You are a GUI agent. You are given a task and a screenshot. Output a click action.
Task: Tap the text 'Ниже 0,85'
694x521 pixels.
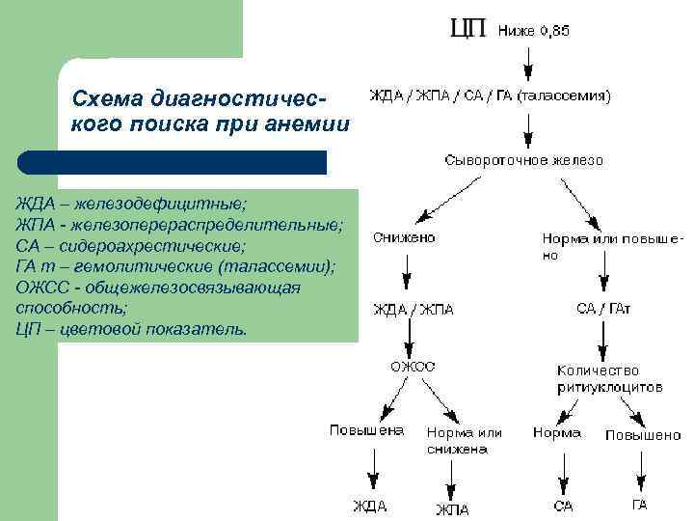point(534,31)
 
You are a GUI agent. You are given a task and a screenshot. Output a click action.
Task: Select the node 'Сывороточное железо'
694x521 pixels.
point(524,160)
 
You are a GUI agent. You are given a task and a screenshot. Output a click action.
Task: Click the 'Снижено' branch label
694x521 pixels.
point(406,236)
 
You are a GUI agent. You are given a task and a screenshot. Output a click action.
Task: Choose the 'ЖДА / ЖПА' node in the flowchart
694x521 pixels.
point(414,310)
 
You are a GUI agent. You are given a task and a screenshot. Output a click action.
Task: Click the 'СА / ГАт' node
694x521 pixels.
point(603,309)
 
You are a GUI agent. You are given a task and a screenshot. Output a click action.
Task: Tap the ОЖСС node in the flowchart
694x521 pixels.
point(412,366)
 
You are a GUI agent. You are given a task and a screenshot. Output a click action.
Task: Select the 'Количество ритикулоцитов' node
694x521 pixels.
point(609,377)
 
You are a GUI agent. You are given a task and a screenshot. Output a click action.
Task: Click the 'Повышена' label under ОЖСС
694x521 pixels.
point(366,430)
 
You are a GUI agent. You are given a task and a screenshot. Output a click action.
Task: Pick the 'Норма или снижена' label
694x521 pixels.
point(464,440)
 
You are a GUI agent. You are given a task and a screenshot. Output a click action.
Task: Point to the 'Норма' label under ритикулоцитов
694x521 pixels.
point(557,433)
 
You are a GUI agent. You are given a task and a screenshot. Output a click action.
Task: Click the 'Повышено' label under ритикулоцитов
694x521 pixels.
point(643,435)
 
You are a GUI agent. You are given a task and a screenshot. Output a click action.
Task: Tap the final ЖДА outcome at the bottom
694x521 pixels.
point(369,506)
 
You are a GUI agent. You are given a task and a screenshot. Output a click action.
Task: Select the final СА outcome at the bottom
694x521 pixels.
point(563,506)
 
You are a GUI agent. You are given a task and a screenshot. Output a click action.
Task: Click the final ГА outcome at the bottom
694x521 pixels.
point(639,504)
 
